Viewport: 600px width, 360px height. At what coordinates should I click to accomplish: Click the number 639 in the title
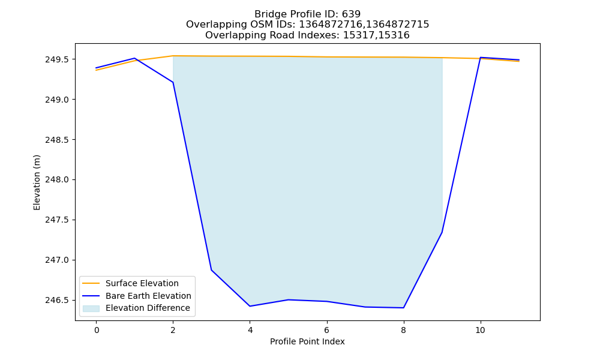[x=351, y=14]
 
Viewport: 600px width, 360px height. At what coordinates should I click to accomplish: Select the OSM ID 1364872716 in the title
[x=330, y=25]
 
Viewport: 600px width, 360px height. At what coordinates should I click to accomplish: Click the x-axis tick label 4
[x=250, y=330]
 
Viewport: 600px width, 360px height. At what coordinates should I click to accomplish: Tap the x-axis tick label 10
[x=480, y=330]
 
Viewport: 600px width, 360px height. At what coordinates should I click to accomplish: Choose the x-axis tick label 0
[x=97, y=330]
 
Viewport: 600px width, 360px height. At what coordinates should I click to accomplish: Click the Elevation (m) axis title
[x=37, y=182]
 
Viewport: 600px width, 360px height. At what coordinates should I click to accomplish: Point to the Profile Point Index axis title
[x=307, y=341]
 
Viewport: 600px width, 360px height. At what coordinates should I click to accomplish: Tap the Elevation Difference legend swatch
[x=91, y=308]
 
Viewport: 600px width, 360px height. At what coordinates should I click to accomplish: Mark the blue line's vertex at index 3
[x=211, y=270]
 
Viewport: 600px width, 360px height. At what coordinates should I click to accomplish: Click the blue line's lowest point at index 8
[x=403, y=308]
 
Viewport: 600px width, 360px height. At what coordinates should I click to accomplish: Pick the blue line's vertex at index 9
[x=442, y=232]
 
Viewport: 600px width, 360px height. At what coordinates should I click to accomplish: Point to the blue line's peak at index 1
[x=134, y=58]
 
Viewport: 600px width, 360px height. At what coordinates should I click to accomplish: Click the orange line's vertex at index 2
[x=173, y=56]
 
